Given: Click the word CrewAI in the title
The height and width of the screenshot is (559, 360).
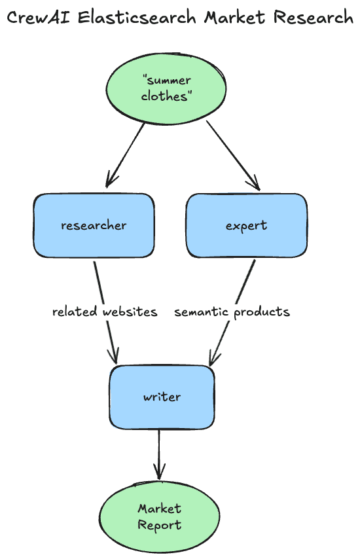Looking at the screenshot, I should pos(39,18).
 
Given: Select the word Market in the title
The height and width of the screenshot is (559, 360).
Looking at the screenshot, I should pos(234,18).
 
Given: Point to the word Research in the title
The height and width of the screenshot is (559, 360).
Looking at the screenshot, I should pos(313,18).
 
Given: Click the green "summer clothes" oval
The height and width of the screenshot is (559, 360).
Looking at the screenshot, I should pos(166,88).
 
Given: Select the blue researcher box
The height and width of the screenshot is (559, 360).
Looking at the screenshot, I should pos(94,225).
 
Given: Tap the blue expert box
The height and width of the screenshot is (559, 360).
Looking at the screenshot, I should pos(246,225).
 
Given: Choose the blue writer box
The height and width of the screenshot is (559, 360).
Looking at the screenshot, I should pos(162,397).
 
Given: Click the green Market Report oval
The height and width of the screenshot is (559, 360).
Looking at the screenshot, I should pos(160,516).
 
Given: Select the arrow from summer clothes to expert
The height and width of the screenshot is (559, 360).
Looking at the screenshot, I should pos(232,155).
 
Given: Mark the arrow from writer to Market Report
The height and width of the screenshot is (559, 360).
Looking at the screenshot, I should pos(159,455).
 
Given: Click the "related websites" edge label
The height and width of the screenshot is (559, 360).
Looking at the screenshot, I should pos(105,312).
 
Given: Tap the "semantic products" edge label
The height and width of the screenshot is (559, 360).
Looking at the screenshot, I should pos(232,312).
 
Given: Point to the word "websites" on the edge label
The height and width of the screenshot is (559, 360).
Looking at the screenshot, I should pos(130,312).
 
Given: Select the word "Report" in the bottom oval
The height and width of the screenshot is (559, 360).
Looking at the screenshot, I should pos(160,524).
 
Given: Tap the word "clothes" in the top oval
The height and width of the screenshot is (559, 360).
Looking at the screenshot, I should pos(166,96).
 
